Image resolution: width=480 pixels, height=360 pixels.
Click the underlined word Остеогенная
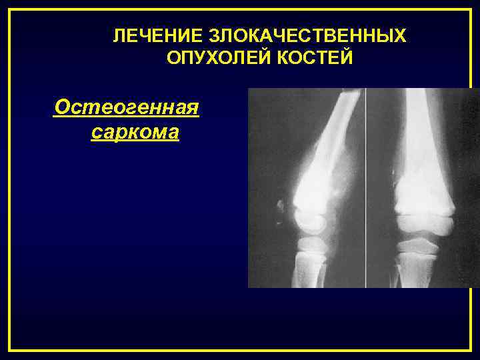click(126, 106)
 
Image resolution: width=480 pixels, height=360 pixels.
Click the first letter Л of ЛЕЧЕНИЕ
click(118, 35)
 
